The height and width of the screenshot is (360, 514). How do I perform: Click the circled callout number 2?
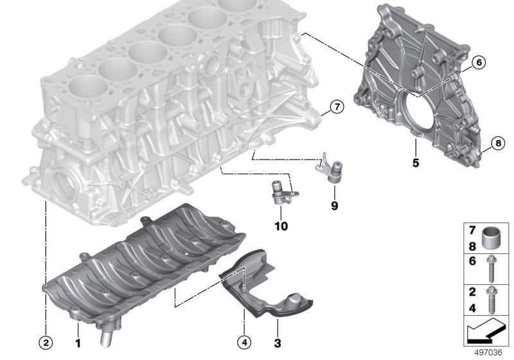[46, 344]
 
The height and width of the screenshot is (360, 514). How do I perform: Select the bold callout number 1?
[78, 344]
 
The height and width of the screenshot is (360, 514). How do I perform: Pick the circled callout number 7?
[338, 107]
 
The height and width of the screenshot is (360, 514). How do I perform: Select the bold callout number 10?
[281, 226]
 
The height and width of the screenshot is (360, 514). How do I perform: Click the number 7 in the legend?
[471, 230]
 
